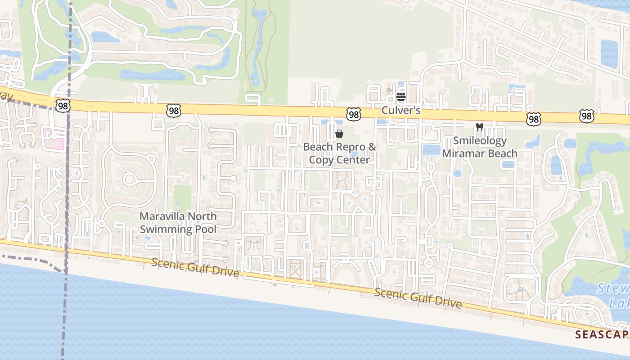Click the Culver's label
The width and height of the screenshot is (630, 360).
point(400,110)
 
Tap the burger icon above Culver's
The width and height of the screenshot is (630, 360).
point(401,96)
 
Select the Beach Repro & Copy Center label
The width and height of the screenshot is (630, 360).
point(339,153)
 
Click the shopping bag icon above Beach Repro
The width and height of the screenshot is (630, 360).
point(339,134)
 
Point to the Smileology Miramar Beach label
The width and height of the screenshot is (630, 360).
point(480,147)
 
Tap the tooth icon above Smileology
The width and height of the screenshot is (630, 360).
point(479,127)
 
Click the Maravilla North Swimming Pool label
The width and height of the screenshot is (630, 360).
point(178,223)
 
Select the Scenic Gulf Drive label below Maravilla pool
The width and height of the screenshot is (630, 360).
point(195,267)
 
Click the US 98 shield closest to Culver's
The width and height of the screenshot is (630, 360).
point(354,114)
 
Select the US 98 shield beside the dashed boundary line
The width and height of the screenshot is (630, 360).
point(63,105)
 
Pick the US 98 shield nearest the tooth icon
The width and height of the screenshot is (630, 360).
point(533,119)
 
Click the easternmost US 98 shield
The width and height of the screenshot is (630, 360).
point(586,116)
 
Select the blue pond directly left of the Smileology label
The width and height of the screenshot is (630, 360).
point(431,149)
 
